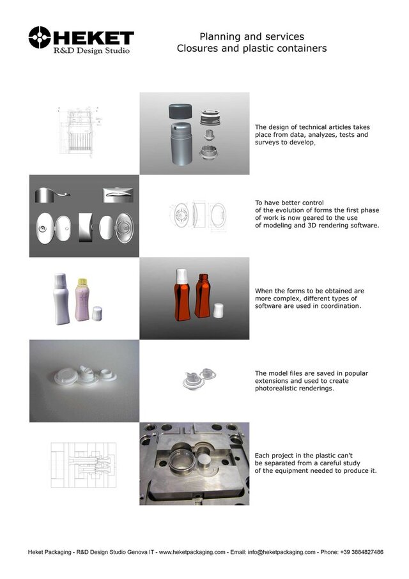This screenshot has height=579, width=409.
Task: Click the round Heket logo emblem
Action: [x=40, y=38]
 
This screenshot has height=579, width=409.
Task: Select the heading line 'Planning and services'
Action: [x=252, y=36]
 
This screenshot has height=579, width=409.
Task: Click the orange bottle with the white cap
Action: [x=181, y=293]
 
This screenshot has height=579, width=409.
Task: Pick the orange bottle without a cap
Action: [x=203, y=295]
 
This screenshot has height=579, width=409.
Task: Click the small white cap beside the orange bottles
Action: [x=219, y=311]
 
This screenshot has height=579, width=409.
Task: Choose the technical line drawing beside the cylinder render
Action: [x=84, y=133]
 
